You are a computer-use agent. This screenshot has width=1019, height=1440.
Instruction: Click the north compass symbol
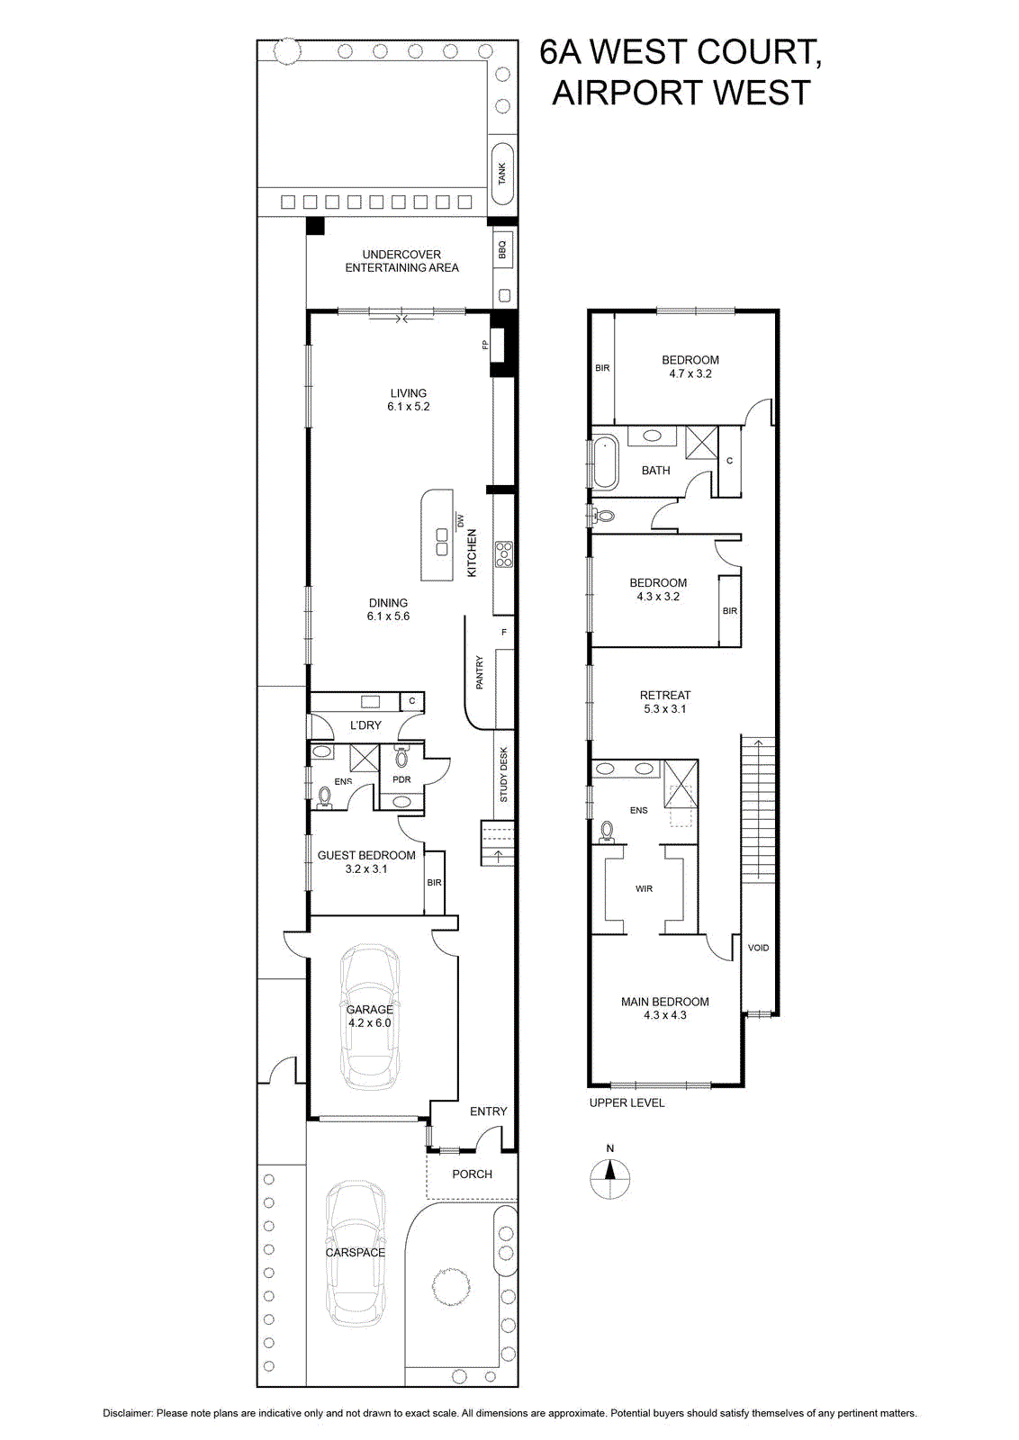click(x=610, y=1178)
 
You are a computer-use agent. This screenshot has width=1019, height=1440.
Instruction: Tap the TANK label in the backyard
click(x=502, y=173)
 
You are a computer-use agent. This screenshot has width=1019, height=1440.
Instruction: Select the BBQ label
click(x=503, y=249)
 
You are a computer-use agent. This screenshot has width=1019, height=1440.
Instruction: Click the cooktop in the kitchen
click(x=504, y=554)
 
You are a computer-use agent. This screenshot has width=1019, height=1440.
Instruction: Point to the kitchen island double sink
click(x=442, y=541)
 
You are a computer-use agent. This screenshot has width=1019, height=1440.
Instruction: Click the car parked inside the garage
click(x=370, y=1017)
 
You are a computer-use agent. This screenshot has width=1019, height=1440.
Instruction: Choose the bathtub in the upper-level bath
click(x=606, y=462)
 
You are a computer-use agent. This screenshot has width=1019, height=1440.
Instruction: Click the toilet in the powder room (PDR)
click(x=402, y=757)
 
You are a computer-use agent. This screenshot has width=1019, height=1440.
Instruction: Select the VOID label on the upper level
click(x=758, y=948)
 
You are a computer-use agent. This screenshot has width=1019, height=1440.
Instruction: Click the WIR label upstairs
click(x=644, y=888)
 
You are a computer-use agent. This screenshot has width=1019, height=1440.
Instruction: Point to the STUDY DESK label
click(x=504, y=774)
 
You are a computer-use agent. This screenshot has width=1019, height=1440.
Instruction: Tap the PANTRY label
click(x=479, y=672)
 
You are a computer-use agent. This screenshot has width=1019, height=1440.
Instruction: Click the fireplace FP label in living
click(x=486, y=345)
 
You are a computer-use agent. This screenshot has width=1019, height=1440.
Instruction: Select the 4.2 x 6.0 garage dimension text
click(x=370, y=1022)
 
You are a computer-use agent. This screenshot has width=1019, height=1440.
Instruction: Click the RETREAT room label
click(x=664, y=695)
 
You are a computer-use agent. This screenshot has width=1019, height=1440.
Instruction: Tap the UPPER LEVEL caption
click(x=627, y=1102)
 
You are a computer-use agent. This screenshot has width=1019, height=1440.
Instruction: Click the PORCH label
click(x=472, y=1174)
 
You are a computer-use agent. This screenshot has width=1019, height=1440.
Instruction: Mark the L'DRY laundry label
click(x=365, y=724)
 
